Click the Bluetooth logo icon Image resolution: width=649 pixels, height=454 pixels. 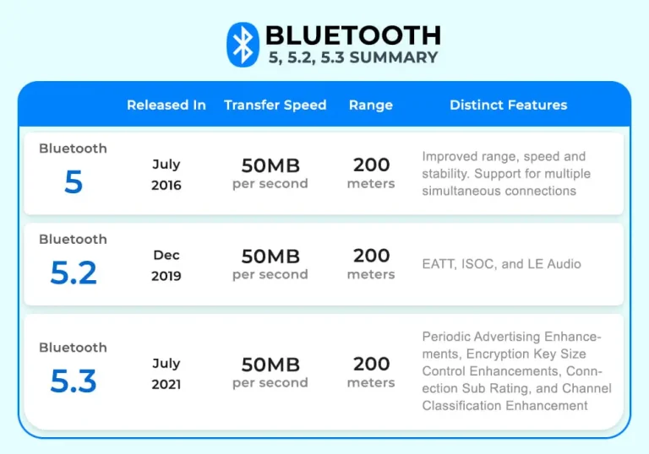click(x=243, y=45)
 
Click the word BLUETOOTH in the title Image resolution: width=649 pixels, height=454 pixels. click(x=352, y=35)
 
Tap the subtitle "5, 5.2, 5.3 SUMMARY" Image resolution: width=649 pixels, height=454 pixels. click(x=353, y=57)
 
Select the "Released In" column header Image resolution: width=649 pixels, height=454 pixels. click(x=166, y=105)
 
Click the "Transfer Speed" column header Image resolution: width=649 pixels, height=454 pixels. click(x=275, y=105)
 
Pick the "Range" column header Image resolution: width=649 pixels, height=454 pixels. click(x=370, y=105)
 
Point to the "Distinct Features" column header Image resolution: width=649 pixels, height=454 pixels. click(x=508, y=105)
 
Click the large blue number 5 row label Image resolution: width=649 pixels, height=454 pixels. click(x=74, y=182)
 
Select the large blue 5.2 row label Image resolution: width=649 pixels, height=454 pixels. click(x=74, y=273)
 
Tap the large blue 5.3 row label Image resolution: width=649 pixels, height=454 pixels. click(x=74, y=381)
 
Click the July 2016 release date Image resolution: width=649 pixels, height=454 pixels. click(x=166, y=175)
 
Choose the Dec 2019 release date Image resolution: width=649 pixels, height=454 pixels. click(x=166, y=265)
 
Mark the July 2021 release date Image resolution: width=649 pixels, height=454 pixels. click(x=166, y=373)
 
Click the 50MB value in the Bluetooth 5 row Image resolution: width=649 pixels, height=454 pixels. click(x=270, y=165)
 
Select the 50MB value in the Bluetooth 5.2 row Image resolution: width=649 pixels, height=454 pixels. click(x=270, y=257)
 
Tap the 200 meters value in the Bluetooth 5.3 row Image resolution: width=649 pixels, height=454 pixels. click(x=371, y=371)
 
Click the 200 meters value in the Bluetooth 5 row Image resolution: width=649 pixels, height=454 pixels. click(x=371, y=172)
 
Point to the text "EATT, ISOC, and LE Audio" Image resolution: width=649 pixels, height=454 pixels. click(x=501, y=264)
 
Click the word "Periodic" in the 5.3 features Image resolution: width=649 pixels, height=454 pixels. click(x=446, y=337)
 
